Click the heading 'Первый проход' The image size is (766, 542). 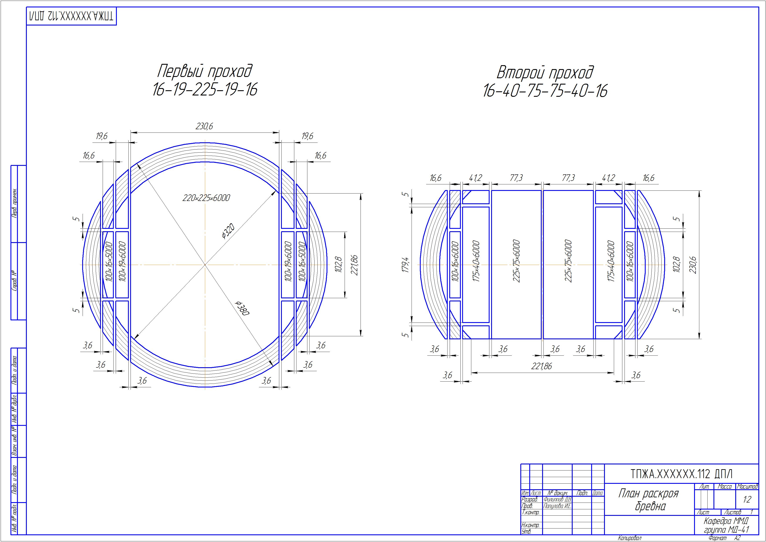pos(205,71)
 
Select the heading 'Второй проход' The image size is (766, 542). pos(545,72)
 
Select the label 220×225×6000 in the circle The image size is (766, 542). pos(206,198)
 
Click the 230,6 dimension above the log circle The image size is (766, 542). pos(204,126)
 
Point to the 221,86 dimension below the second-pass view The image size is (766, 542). pos(542,366)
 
